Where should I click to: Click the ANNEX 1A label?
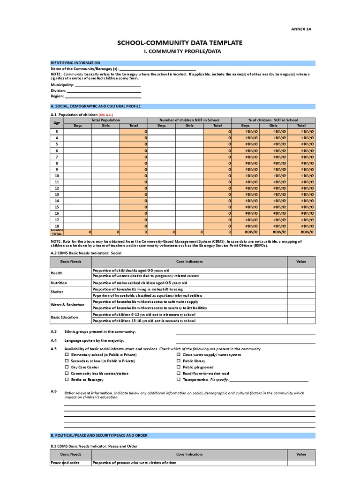[x=302, y=29]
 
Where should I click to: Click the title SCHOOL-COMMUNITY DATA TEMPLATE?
[x=180, y=43]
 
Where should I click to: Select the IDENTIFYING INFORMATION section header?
[x=75, y=63]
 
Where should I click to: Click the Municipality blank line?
[x=107, y=85]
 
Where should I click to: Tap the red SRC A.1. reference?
[x=105, y=114]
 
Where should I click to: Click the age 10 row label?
[x=57, y=175]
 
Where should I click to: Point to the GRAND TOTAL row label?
[x=57, y=232]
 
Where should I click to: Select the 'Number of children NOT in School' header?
[x=189, y=120]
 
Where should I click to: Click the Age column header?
[x=57, y=123]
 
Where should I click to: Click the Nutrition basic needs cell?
[x=59, y=283]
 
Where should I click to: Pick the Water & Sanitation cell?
[x=67, y=305]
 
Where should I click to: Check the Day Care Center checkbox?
[x=67, y=367]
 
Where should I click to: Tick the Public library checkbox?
[x=179, y=361]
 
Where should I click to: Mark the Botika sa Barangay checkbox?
[x=67, y=380]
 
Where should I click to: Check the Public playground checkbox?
[x=179, y=367]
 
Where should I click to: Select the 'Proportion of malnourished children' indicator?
[x=140, y=283]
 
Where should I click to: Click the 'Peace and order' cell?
[x=65, y=463]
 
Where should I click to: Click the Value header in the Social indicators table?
[x=301, y=261]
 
